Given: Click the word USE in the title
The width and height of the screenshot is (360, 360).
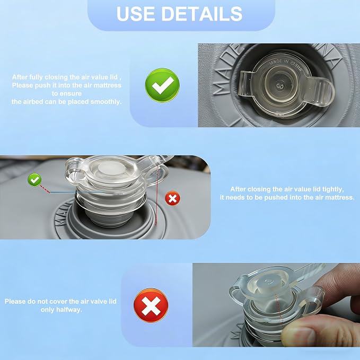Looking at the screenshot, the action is (136, 14).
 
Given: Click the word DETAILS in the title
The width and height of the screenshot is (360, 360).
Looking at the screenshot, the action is (202, 14).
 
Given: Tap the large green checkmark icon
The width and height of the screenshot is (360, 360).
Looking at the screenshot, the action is (162, 85).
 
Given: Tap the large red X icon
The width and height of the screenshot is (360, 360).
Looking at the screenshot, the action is (151, 305).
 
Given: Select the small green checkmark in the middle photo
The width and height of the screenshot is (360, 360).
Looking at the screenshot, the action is (34, 180).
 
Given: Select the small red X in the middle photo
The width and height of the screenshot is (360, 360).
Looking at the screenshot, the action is (173, 198).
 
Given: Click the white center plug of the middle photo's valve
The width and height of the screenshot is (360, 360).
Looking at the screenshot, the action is (112, 168).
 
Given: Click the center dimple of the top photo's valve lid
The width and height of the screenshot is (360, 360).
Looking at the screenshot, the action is (279, 86).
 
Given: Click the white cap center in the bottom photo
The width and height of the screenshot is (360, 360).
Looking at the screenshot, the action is (268, 282).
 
